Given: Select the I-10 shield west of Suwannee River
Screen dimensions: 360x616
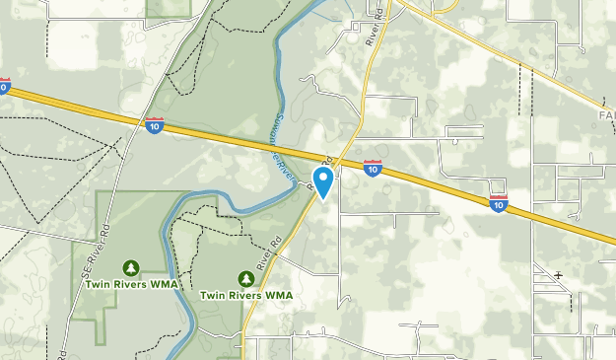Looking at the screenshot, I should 154,125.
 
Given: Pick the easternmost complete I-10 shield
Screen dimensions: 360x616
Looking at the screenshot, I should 499,203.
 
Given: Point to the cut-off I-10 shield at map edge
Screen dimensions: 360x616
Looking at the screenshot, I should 4,87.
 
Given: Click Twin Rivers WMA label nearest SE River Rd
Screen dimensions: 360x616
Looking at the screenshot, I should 130,284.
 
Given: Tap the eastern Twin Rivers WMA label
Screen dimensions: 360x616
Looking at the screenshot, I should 246,294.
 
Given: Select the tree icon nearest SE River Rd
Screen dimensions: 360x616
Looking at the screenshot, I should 130,267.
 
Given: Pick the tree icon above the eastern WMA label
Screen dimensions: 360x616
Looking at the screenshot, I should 246,277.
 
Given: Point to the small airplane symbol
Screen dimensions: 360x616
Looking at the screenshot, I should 559,275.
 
